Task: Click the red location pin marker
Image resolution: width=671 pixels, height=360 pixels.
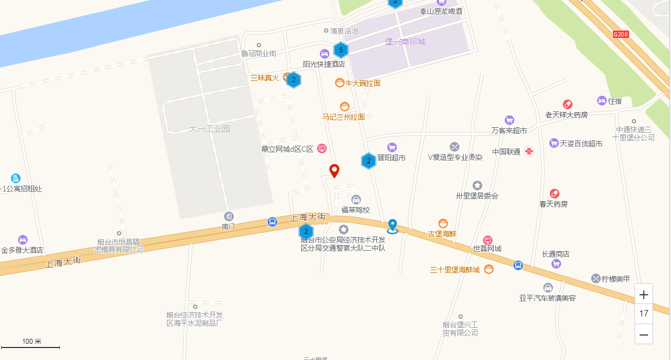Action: tap(335, 171)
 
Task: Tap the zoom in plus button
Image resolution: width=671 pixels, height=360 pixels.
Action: tap(644, 295)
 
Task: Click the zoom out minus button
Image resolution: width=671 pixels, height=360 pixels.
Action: tap(644, 334)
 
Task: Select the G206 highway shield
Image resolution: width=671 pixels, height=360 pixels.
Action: tap(620, 34)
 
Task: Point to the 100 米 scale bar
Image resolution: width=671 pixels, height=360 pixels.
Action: tap(31, 346)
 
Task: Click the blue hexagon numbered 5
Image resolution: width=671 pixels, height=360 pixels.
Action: tap(341, 51)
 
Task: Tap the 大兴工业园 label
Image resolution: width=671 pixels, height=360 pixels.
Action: tap(210, 129)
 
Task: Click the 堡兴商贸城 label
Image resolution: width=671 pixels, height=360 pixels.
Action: tap(405, 42)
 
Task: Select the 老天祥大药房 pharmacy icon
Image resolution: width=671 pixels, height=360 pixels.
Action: tap(568, 104)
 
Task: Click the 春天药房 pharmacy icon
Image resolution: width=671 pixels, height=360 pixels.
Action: tap(555, 193)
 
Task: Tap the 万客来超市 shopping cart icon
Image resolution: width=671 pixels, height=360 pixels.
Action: tap(510, 120)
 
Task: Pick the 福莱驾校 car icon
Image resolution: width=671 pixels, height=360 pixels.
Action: tap(356, 199)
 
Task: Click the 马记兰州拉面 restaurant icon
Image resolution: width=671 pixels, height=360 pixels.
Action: tap(344, 107)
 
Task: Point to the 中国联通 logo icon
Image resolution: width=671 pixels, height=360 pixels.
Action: tap(529, 151)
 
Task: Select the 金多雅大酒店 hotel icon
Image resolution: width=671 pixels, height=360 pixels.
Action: tap(22, 239)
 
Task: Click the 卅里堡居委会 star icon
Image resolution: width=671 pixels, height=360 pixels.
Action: tap(477, 185)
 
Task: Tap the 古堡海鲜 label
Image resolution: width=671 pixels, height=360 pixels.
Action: tap(442, 234)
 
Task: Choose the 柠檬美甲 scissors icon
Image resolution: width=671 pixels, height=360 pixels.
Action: tap(596, 278)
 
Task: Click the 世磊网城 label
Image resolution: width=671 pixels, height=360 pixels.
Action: tap(487, 249)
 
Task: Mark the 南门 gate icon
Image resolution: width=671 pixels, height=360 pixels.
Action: tap(229, 216)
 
